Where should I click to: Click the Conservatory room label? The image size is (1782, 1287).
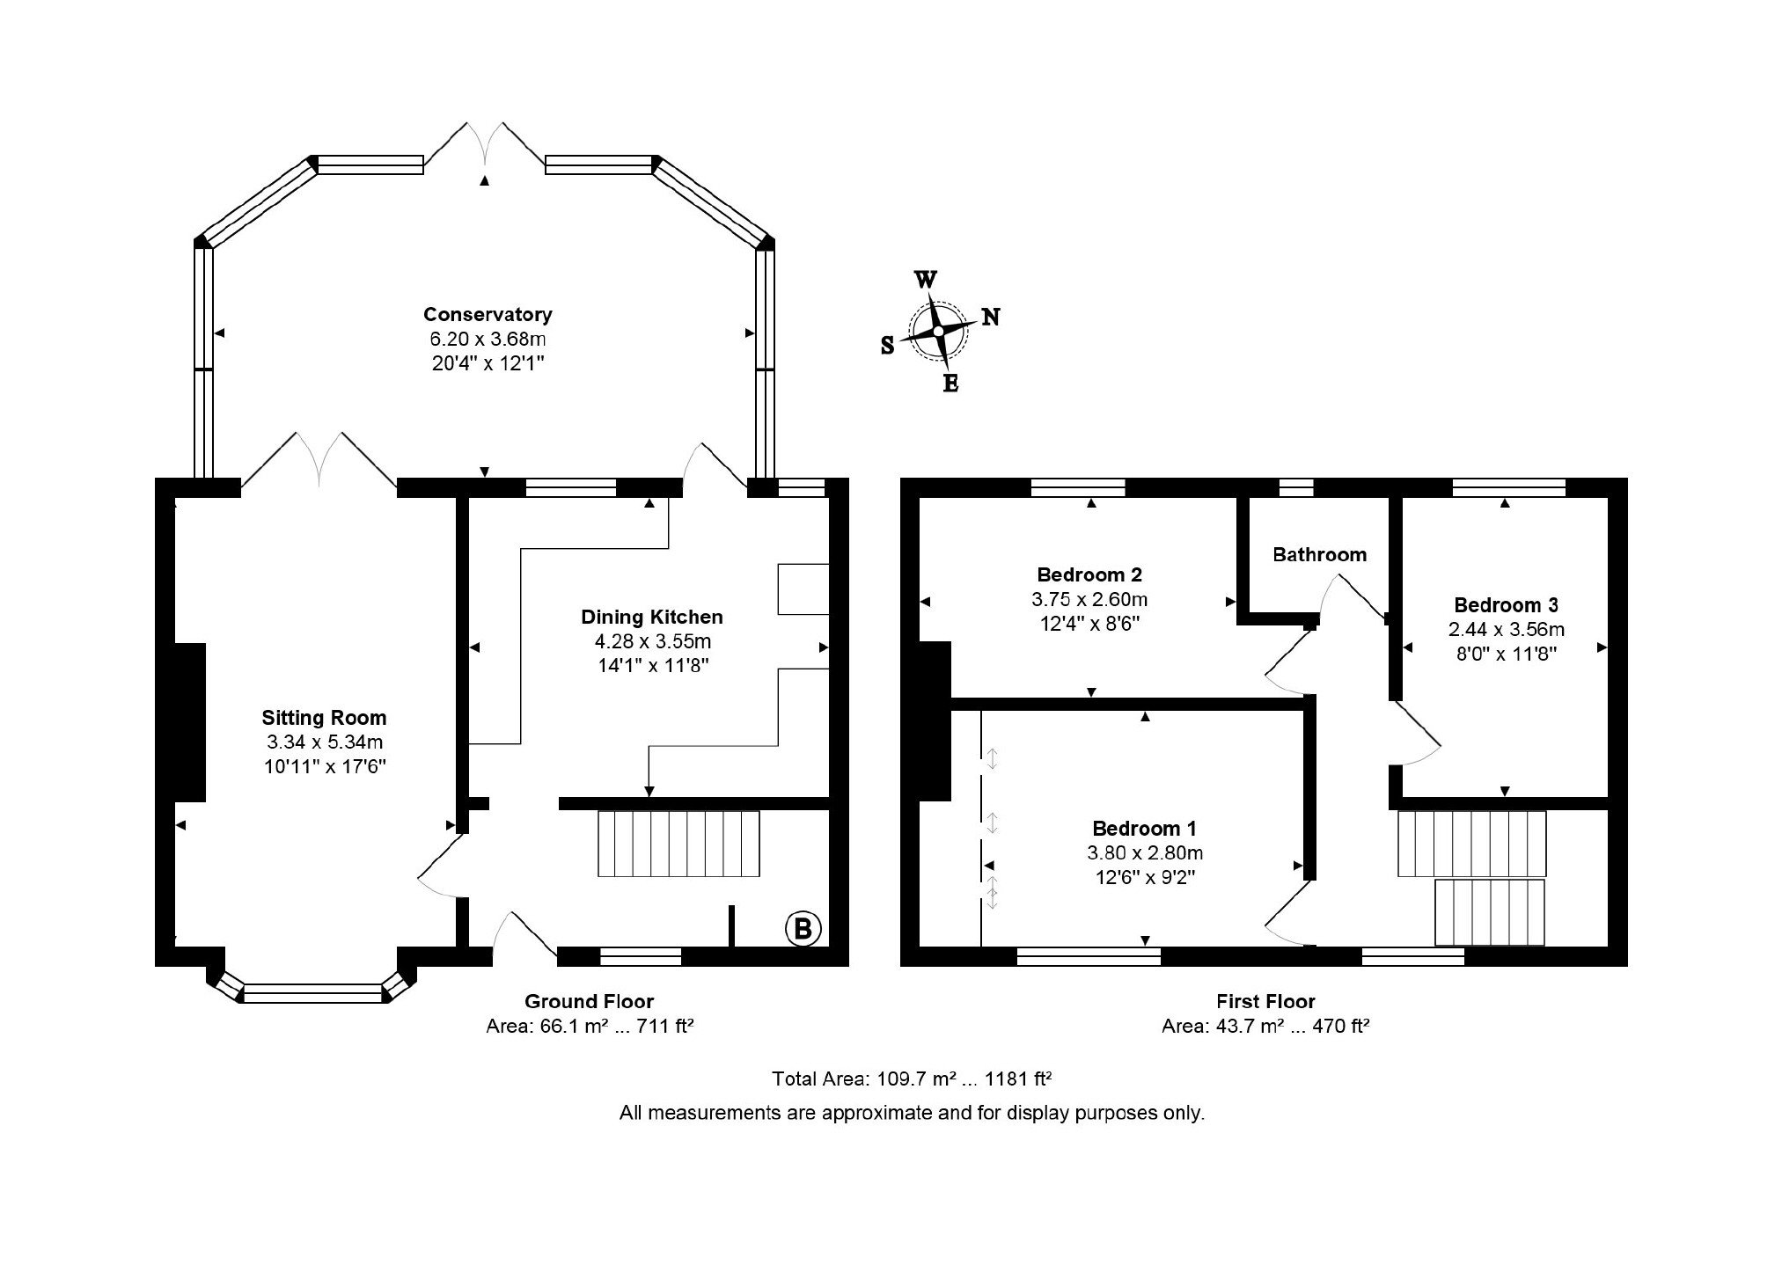488,314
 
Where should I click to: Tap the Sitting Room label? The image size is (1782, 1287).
324,718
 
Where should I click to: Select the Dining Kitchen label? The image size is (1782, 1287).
652,617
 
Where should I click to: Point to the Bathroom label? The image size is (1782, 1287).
1319,554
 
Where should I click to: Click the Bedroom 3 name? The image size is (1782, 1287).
1506,605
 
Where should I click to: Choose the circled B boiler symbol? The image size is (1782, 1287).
803,929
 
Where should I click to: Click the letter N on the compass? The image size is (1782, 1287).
991,317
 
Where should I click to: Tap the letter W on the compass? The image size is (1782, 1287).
926,280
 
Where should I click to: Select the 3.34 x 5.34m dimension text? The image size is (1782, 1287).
325,742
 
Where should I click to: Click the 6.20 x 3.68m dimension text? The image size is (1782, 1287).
488,339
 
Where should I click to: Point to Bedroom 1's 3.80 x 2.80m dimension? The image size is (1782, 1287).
1145,852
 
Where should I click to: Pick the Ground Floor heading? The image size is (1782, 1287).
589,1001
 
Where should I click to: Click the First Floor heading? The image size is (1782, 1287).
1265,1001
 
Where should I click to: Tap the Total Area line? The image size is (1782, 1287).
912,1079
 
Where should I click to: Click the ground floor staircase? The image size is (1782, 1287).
678,844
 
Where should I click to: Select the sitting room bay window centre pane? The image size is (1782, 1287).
312,994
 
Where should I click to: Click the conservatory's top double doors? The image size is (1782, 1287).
484,145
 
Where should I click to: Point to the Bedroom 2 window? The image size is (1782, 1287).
1078,487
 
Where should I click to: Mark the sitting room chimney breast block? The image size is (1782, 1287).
190,722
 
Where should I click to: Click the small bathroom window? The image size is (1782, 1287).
1295,487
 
